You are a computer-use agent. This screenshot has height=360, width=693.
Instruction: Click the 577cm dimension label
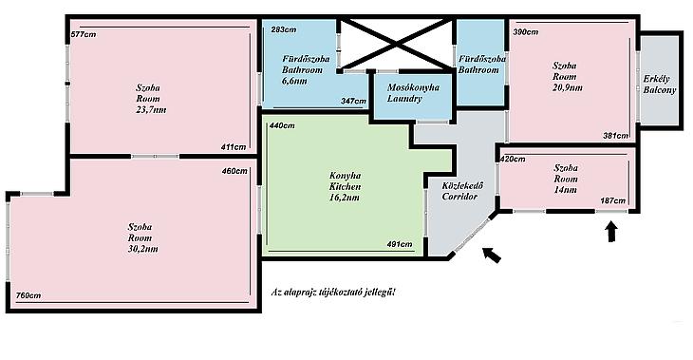pyautogui.click(x=84, y=34)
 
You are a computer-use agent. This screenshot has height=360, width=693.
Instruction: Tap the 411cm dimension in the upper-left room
pyautogui.click(x=234, y=147)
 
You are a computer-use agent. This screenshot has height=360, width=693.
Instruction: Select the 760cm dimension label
pyautogui.click(x=28, y=295)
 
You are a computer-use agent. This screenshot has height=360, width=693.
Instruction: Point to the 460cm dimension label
pyautogui.click(x=234, y=171)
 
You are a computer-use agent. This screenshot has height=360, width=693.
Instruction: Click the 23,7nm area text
pyautogui.click(x=151, y=109)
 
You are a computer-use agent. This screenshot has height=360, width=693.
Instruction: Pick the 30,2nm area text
pyautogui.click(x=142, y=249)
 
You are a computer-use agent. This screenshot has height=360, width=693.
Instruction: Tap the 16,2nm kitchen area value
pyautogui.click(x=345, y=198)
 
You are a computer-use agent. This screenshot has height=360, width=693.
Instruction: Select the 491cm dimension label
pyautogui.click(x=400, y=244)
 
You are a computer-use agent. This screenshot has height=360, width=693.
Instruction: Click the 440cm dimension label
pyautogui.click(x=282, y=125)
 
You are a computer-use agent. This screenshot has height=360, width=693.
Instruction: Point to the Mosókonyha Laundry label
pyautogui.click(x=413, y=93)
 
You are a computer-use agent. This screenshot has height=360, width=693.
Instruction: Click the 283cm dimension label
pyautogui.click(x=284, y=30)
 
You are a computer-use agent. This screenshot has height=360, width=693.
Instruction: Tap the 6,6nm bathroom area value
pyautogui.click(x=294, y=81)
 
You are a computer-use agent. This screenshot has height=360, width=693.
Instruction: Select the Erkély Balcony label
pyautogui.click(x=660, y=85)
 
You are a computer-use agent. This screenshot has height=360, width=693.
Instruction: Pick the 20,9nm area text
pyautogui.click(x=568, y=87)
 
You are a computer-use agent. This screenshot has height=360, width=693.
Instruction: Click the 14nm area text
pyautogui.click(x=566, y=190)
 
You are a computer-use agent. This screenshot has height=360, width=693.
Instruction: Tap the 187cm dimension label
pyautogui.click(x=613, y=200)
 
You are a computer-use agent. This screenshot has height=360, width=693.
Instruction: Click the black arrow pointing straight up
pyautogui.click(x=611, y=232)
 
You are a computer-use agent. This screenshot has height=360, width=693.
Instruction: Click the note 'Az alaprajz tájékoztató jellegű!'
pyautogui.click(x=333, y=293)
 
